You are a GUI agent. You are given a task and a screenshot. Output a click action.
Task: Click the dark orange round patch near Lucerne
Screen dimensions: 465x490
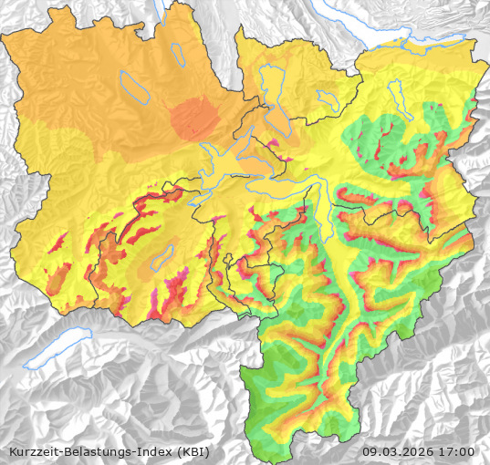click(194, 119)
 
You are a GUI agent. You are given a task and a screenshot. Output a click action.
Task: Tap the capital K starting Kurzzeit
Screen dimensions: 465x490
click(11, 451)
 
